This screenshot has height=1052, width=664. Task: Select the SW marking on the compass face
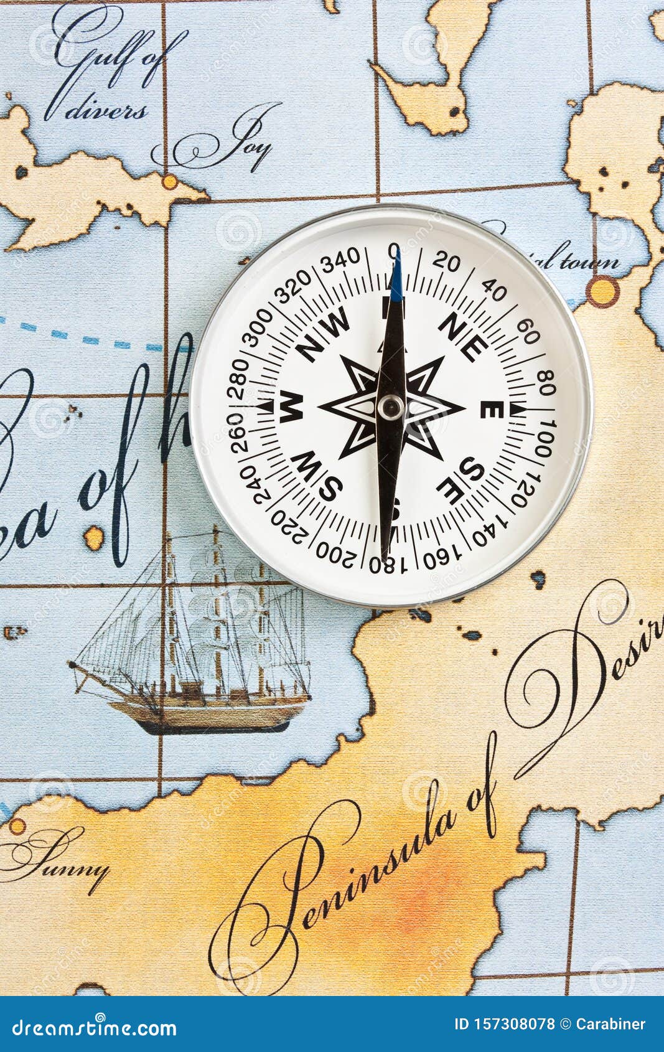pos(317,476)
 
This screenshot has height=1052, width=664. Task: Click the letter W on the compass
pos(291,407)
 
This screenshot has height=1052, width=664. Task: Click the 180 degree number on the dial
pos(387,565)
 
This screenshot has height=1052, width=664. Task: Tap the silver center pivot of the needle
pos(391,408)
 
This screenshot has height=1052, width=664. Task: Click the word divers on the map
pos(106,112)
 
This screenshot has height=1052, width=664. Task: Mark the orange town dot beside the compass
pos(602,291)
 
